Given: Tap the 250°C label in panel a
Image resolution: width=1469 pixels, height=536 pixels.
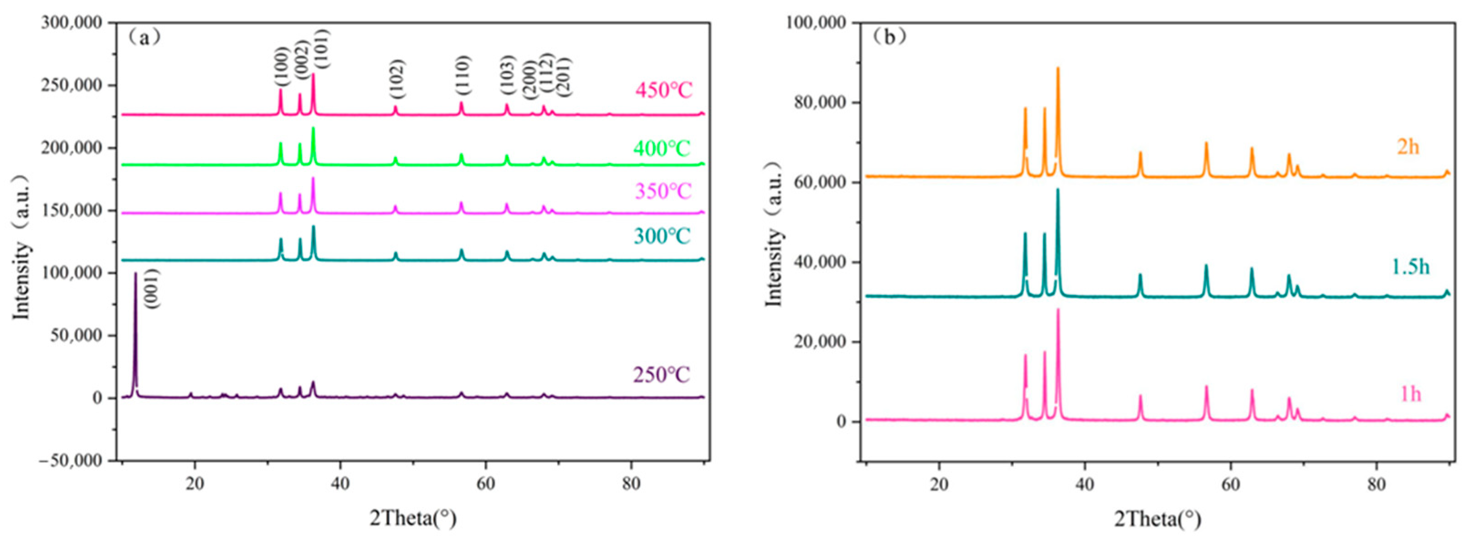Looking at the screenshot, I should pos(661,375).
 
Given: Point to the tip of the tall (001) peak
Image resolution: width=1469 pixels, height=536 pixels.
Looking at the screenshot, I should pos(135,273).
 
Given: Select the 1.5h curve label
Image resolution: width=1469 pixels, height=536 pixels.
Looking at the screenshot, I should pos(1410,267).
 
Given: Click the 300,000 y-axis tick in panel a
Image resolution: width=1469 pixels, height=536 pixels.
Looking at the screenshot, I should pos(72,23).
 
